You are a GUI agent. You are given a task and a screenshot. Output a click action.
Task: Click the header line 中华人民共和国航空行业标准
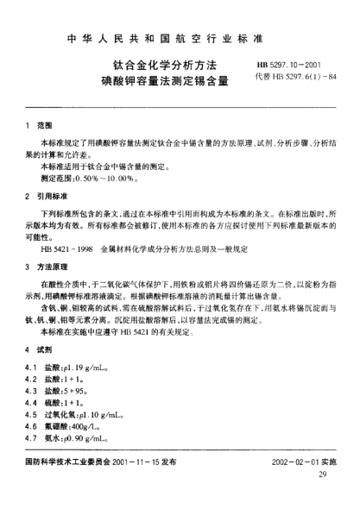click(x=180, y=38)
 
